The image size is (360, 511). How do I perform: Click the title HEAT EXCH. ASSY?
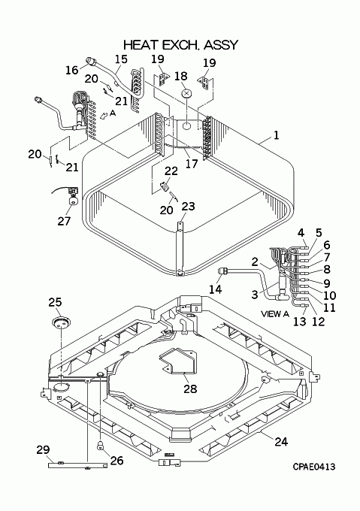[181, 45]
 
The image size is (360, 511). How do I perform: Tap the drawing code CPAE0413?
[313, 467]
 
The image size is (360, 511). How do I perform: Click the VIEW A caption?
[275, 314]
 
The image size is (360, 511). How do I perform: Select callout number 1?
[276, 135]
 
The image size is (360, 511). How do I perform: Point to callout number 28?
[190, 389]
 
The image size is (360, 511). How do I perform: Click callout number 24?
[281, 442]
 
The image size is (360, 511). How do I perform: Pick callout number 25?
[56, 302]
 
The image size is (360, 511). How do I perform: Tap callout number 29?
[43, 449]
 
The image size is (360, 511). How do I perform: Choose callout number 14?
[216, 289]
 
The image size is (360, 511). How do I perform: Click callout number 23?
[188, 206]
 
